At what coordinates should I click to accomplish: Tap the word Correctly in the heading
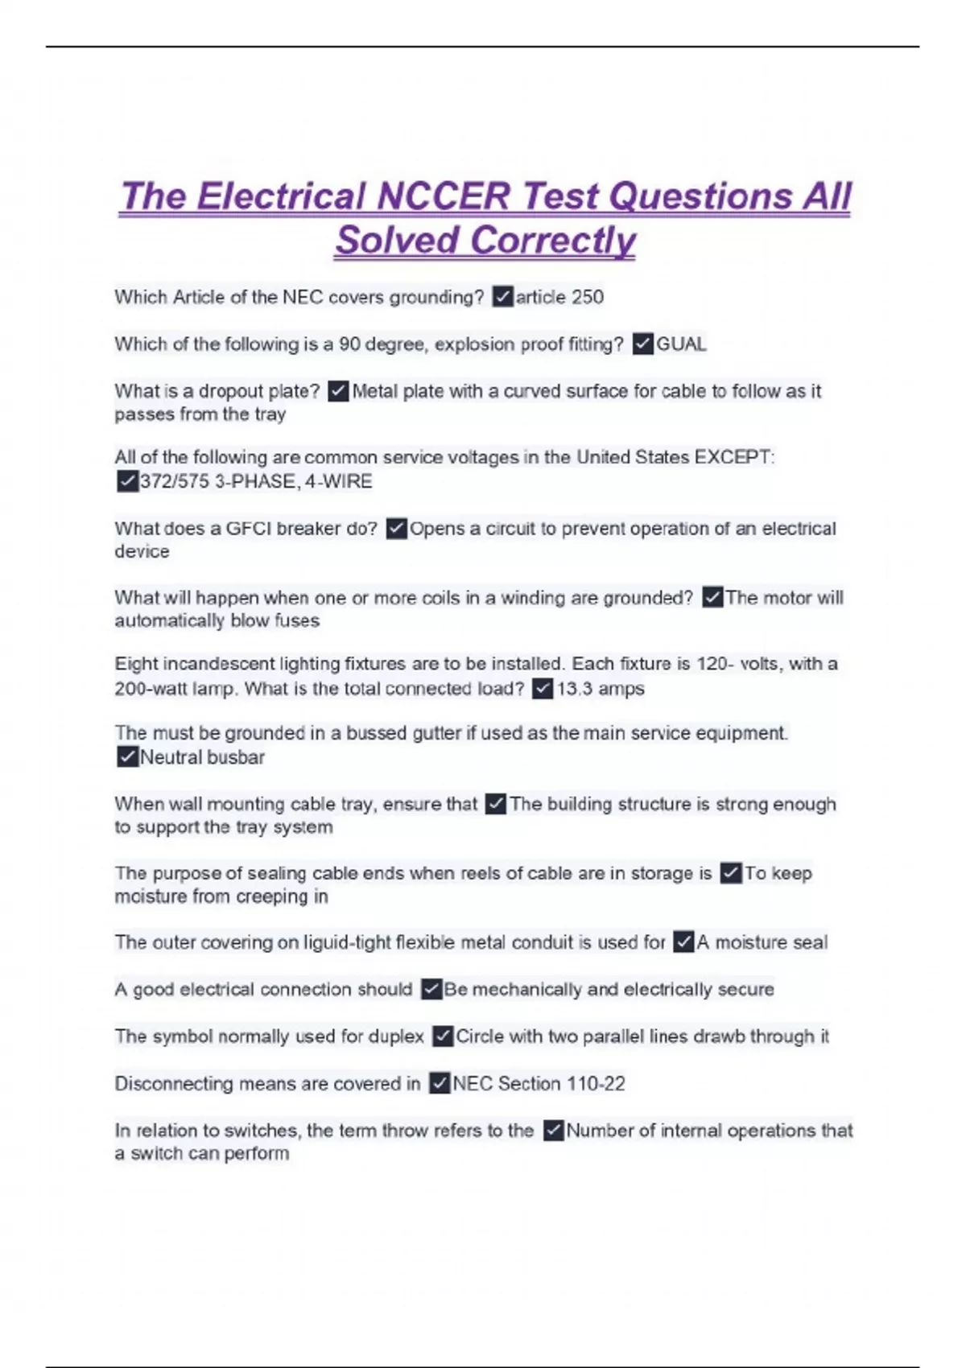[x=553, y=240]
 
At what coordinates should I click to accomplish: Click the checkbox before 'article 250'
[x=503, y=297]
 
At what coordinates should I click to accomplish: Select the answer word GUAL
[x=681, y=344]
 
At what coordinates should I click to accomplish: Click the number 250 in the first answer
[x=587, y=297]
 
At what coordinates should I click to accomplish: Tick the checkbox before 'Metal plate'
[x=339, y=391]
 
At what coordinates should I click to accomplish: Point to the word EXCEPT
[x=734, y=457]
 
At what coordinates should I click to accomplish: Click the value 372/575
[x=175, y=481]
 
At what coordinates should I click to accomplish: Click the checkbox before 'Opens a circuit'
[x=397, y=529]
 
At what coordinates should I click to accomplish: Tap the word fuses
[x=296, y=620]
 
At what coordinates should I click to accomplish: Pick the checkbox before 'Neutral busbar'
[x=127, y=757]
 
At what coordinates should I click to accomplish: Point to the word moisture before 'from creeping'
[x=151, y=896]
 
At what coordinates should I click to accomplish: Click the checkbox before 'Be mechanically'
[x=432, y=989]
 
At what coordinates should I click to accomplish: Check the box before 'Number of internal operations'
[x=553, y=1131]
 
